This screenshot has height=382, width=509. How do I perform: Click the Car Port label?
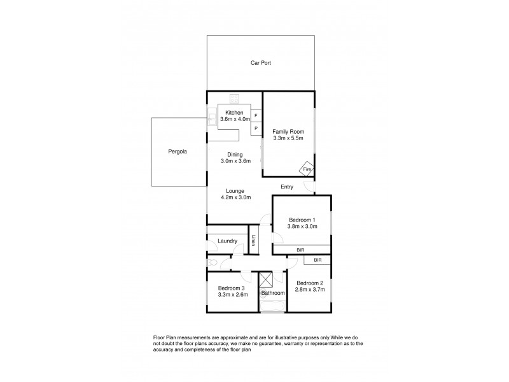261,62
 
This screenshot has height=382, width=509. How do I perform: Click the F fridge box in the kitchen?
256,117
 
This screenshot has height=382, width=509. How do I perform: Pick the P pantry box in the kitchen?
256,128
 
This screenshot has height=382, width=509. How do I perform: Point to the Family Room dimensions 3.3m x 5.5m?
288,137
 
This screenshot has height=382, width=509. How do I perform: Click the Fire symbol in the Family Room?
307,169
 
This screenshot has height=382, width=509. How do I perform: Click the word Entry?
288,187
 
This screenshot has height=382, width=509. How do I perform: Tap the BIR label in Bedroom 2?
317,260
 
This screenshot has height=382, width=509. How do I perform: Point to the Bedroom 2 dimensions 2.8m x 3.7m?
310,289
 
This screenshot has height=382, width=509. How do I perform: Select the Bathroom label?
272,293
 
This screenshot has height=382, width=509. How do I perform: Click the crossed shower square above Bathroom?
265,279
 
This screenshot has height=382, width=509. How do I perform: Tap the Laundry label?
227,241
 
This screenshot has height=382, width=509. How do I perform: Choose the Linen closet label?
253,241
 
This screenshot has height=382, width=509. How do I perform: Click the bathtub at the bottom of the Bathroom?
272,307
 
